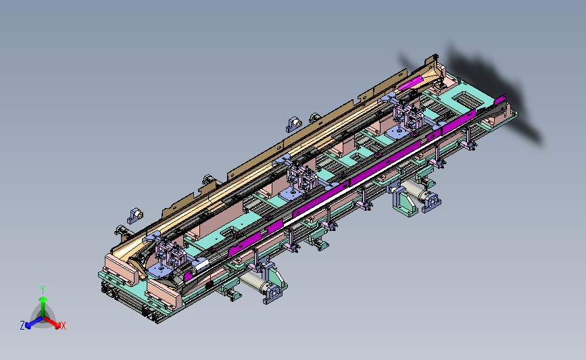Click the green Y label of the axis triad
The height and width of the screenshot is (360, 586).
click(x=43, y=290)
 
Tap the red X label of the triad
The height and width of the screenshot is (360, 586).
click(x=63, y=326)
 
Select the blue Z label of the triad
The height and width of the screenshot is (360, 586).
click(x=22, y=326)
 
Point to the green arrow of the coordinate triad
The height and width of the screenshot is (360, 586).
click(x=43, y=307)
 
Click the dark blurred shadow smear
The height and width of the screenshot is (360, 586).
click(x=486, y=93)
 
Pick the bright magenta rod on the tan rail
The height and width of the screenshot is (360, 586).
click(x=410, y=83)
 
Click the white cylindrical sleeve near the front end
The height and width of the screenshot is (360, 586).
click(x=200, y=265)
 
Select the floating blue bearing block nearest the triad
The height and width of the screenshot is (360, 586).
click(x=135, y=215)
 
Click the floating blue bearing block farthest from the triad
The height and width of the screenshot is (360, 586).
click(x=294, y=124)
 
